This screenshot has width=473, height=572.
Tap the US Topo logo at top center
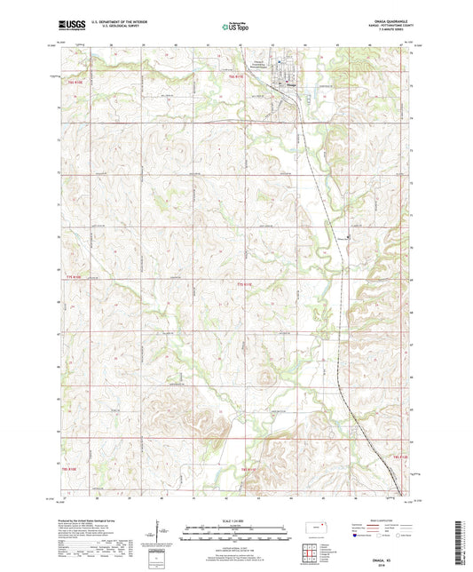point(236,27)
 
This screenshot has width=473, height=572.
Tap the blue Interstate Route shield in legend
point(358,536)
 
